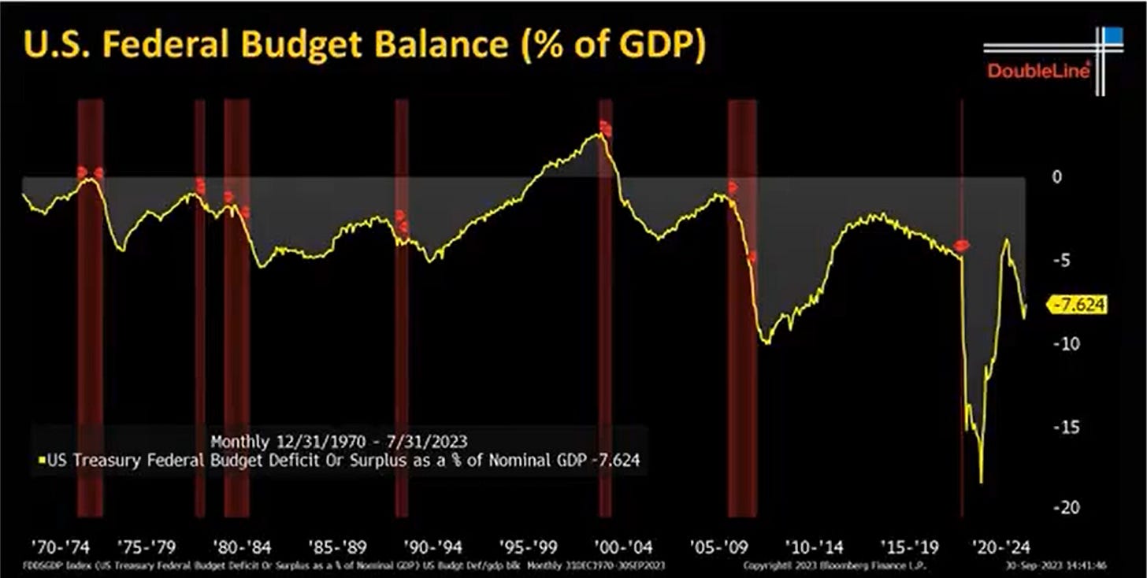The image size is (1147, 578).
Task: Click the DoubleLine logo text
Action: (1038, 71)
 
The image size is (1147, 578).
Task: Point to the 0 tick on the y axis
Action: (1057, 177)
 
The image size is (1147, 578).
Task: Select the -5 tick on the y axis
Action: (1056, 261)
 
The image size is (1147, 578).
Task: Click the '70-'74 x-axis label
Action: (59, 546)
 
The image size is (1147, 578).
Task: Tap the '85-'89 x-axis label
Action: (337, 546)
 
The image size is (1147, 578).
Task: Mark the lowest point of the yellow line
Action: (981, 482)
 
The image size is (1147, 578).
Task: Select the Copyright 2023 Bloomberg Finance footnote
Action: (835, 565)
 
